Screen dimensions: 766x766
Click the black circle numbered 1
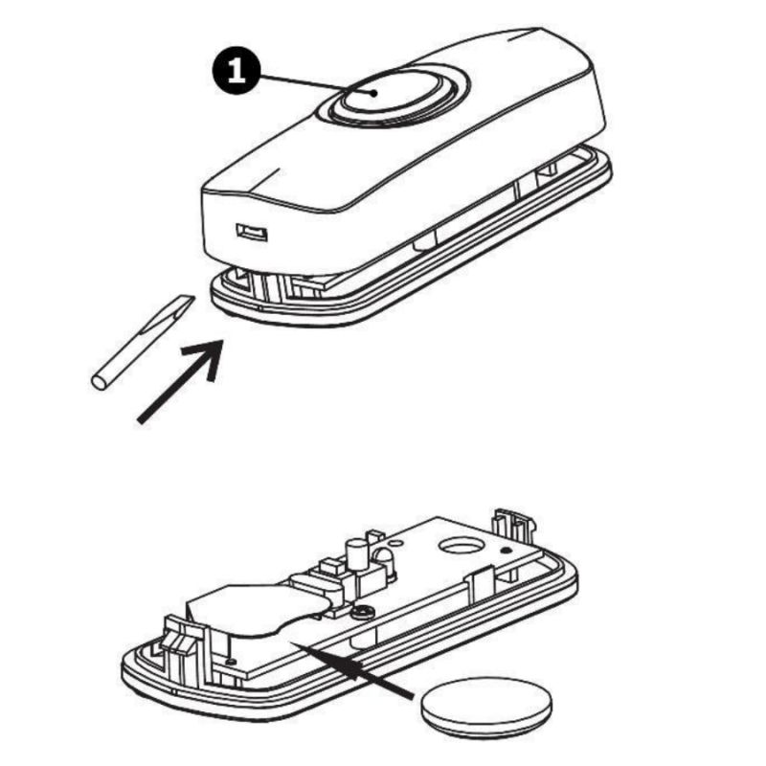click(237, 73)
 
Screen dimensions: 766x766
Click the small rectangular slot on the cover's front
click(252, 232)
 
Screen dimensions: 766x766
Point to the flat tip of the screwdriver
click(187, 301)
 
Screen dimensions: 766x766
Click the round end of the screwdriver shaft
click(99, 382)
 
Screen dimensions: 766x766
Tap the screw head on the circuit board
click(363, 611)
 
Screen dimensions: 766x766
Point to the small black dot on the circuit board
click(507, 552)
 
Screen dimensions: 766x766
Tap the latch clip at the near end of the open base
click(180, 641)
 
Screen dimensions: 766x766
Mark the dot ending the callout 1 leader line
click(374, 93)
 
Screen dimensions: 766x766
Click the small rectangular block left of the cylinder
click(330, 568)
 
